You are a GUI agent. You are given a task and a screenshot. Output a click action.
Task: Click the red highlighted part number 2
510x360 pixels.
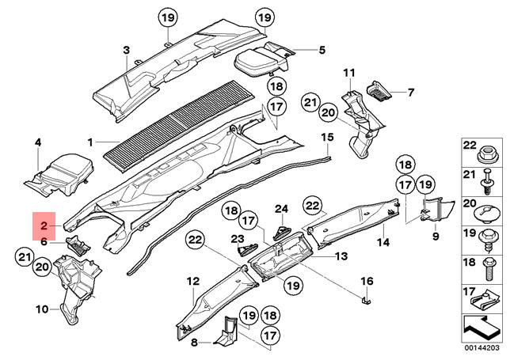point(44,225)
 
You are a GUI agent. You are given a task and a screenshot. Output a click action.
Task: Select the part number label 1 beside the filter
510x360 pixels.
point(90,142)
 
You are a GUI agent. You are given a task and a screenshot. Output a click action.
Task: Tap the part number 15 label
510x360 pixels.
point(327,137)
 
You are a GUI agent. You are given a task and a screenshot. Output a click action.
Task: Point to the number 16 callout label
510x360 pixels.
point(367,281)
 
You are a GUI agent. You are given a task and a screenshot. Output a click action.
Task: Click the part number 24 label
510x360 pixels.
point(282,209)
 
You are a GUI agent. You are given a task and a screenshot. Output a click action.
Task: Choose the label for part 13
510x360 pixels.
point(341,256)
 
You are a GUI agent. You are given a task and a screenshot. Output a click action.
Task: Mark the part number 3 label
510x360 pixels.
point(126,51)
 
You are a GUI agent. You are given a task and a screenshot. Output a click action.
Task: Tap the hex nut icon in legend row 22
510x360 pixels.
point(487,156)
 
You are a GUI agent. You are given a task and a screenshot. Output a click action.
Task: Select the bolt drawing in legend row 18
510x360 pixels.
point(489,269)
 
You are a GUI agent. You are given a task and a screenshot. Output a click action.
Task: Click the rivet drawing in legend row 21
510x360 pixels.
point(486,182)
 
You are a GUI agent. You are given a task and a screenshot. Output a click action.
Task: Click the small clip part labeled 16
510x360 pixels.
point(366,300)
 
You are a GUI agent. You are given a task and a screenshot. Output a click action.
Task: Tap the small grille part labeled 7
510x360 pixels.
point(379,91)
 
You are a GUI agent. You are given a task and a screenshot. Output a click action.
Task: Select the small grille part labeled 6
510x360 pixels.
point(78,246)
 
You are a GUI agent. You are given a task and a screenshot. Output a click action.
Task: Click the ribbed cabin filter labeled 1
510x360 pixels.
point(178,126)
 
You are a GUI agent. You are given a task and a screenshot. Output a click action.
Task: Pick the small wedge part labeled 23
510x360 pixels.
point(248,249)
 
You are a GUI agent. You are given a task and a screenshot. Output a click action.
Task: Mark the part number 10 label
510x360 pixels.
point(42,309)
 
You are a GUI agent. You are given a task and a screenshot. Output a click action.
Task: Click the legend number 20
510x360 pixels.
point(469,203)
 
